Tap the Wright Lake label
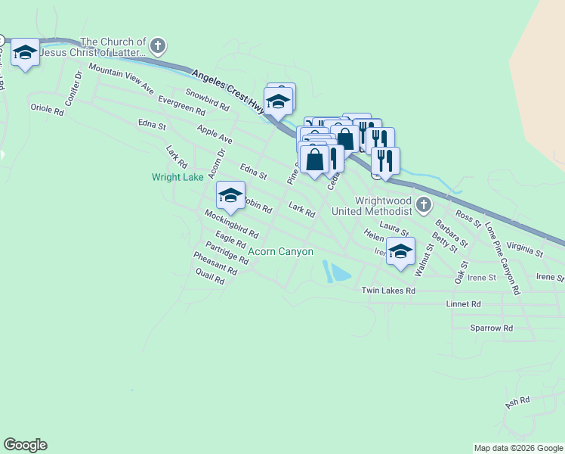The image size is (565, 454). pos(178,178)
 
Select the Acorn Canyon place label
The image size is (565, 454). pos(280,251)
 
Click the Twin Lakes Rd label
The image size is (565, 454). pos(388,291)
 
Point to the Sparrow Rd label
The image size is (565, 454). pos(491,328)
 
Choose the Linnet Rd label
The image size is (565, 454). pos(464,304)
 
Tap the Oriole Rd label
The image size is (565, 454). pos(48,109)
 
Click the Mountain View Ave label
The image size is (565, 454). pos(121,76)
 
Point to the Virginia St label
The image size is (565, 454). pos(525,247)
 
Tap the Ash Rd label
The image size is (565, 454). pos(518,403)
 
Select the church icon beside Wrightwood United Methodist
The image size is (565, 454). pos(425,204)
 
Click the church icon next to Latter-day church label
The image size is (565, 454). pos(158,46)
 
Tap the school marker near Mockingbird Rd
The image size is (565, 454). pos(230,197)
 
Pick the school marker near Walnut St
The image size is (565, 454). pos(400,252)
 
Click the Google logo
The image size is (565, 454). pos(25,445)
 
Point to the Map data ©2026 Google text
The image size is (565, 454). pos(518,448)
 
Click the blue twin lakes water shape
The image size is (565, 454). pos(337,272)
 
